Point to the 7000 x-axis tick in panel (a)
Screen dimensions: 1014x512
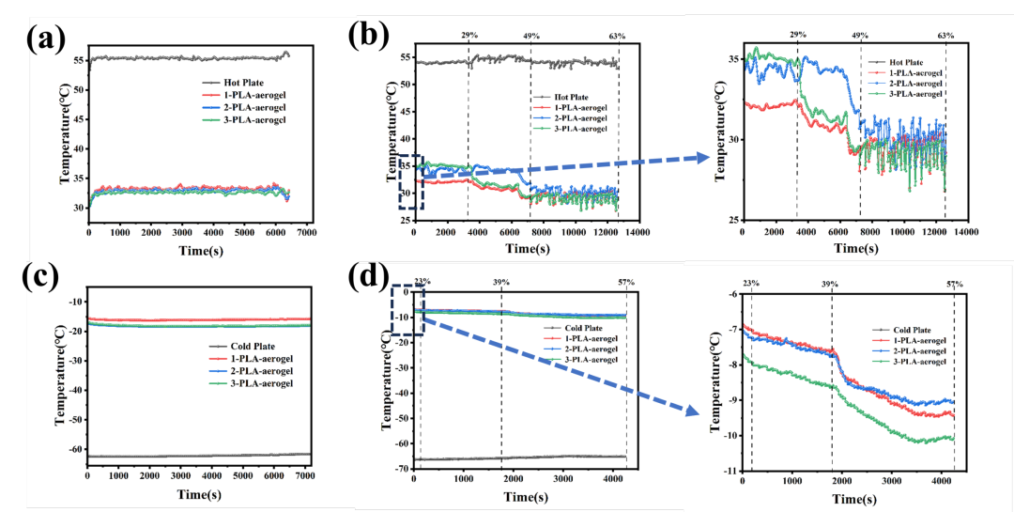coord(306,232)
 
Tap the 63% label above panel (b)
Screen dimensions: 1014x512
coord(617,36)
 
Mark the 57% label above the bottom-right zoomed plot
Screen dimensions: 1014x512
coord(954,284)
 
